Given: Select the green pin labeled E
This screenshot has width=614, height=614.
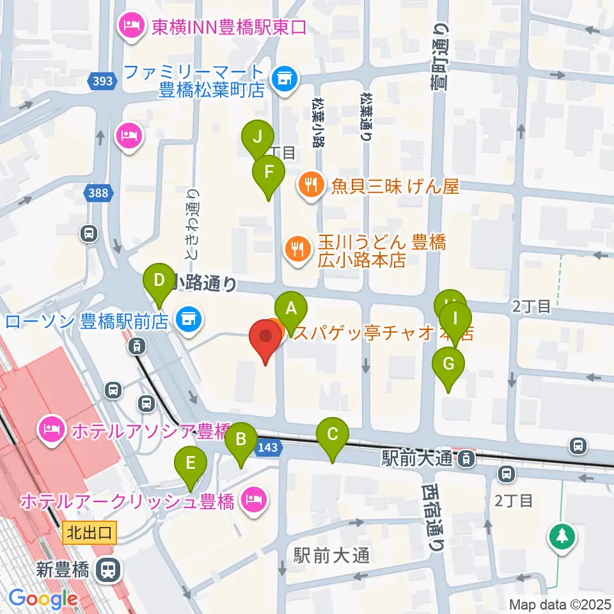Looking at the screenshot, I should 191,462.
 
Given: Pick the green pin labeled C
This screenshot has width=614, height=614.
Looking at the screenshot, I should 333,435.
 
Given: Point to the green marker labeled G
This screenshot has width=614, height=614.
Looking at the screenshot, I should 448,364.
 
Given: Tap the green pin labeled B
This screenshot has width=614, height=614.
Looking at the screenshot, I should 241,439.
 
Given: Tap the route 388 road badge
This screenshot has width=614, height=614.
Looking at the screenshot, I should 100,192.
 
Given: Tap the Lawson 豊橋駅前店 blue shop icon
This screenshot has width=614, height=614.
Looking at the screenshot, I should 187,316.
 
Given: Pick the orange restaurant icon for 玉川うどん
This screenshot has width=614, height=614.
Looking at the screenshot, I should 296,246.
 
